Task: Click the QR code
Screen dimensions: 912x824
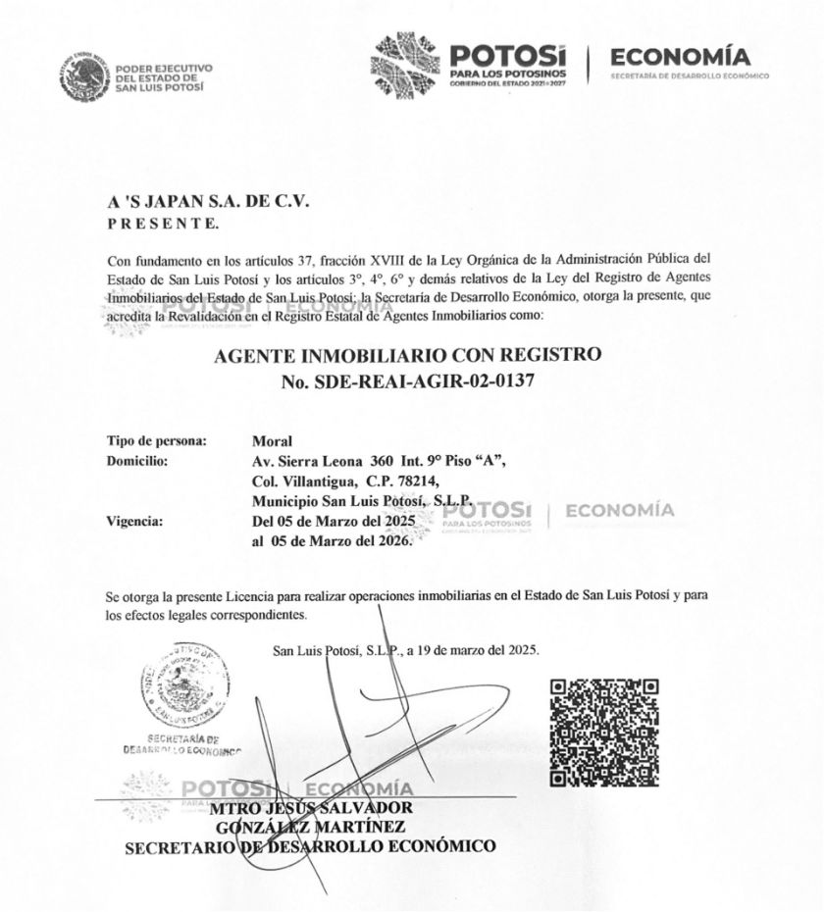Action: (603, 733)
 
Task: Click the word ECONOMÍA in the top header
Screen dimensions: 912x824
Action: (680, 57)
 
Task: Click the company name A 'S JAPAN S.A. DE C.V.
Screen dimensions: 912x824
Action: (208, 201)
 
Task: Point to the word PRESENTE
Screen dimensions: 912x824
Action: (163, 223)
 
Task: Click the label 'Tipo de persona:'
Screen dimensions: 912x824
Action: (157, 441)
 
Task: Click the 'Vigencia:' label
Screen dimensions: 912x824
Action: (135, 521)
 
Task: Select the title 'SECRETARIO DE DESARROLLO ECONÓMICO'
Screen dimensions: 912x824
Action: (310, 845)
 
